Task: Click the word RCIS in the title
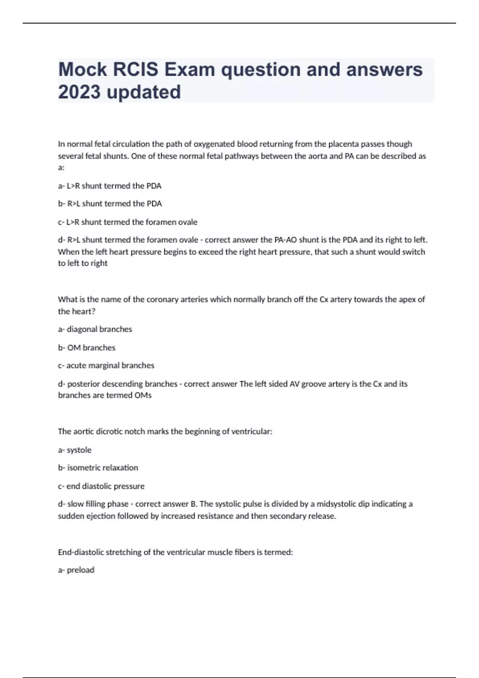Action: tap(135, 69)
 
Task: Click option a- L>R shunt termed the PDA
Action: tap(110, 186)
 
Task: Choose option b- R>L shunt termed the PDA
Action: tap(110, 204)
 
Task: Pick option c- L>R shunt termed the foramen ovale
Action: tap(128, 222)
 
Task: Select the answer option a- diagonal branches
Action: tap(95, 329)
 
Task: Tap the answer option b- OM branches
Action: tap(87, 348)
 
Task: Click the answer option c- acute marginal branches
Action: tap(106, 366)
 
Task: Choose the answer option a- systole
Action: tap(75, 450)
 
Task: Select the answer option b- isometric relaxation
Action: tap(98, 468)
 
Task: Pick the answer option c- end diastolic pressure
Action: tap(101, 486)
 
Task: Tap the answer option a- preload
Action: tap(76, 570)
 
